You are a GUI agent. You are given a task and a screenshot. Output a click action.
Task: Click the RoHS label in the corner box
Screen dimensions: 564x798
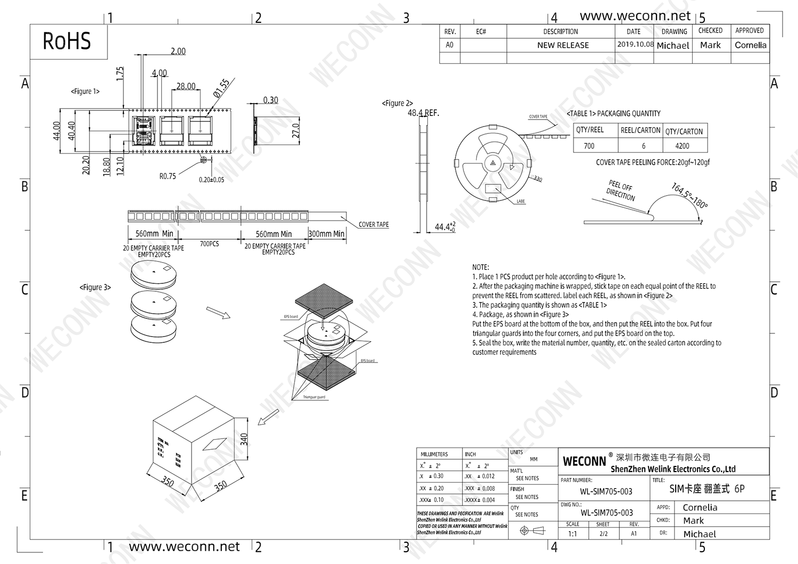67,41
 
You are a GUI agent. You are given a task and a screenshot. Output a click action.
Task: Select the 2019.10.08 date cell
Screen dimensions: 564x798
635,45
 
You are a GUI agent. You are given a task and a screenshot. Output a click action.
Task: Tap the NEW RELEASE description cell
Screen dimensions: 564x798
563,45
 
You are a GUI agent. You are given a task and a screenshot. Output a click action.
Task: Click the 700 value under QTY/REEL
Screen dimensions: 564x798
589,146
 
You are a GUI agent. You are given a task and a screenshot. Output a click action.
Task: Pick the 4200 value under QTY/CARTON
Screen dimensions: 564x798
682,146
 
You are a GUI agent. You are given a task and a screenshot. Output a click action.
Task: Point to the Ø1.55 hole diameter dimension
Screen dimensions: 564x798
221,88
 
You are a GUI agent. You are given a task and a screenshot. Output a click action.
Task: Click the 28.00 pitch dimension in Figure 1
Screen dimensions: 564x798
186,86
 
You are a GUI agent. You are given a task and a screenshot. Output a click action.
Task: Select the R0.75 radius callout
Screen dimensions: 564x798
168,176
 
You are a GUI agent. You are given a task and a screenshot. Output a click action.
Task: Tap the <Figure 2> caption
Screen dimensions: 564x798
397,103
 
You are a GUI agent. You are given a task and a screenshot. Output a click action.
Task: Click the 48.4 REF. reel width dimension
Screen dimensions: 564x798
423,113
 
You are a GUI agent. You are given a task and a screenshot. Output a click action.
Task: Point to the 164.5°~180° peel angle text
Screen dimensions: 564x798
689,196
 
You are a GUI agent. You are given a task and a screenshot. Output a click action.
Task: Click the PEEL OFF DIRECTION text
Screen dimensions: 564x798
621,190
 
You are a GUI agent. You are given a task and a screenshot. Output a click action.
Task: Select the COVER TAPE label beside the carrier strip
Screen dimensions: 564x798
373,224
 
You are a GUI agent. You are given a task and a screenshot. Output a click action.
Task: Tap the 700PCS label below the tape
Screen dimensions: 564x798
209,244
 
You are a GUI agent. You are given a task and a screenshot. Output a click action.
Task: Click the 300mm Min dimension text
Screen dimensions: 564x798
326,234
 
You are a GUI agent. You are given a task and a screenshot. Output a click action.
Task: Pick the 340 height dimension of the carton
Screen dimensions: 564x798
244,439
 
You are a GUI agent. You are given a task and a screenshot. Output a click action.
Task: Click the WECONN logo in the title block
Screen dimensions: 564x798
584,461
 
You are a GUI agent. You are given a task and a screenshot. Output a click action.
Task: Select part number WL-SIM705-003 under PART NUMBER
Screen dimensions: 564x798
606,492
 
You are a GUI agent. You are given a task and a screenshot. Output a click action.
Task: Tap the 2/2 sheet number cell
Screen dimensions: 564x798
603,534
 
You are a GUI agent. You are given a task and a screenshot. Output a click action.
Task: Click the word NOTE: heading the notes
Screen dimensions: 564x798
480,267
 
